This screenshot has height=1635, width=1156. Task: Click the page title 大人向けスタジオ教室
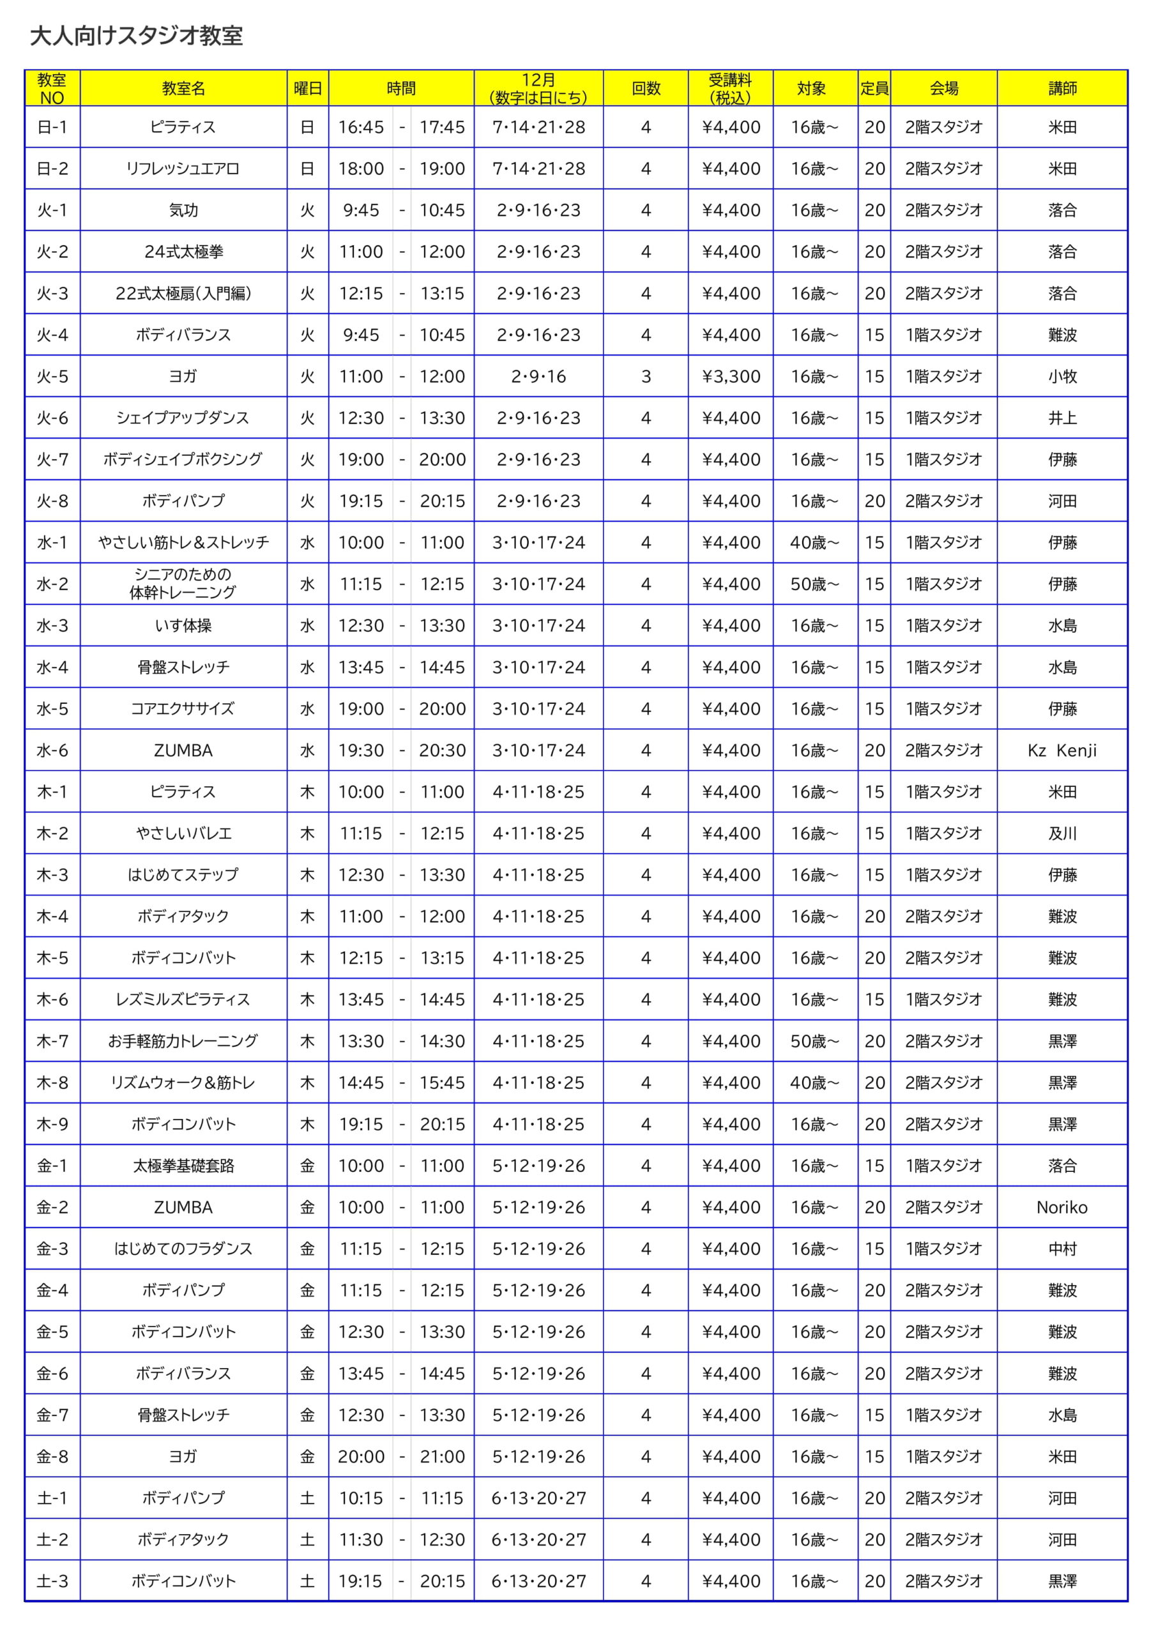pyautogui.click(x=136, y=36)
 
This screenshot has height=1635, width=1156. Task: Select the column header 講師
pyautogui.click(x=1061, y=88)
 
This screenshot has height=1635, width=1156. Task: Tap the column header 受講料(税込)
pyautogui.click(x=730, y=88)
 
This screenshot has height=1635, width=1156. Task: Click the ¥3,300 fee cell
pyautogui.click(x=731, y=376)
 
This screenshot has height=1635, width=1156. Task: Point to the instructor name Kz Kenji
pyautogui.click(x=1061, y=750)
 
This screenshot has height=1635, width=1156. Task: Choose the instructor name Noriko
pyautogui.click(x=1061, y=1207)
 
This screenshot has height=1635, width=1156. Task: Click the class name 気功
pyautogui.click(x=183, y=210)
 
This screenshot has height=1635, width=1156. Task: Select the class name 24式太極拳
pyautogui.click(x=183, y=252)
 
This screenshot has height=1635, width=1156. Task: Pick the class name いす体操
pyautogui.click(x=183, y=625)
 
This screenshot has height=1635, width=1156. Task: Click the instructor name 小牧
pyautogui.click(x=1061, y=376)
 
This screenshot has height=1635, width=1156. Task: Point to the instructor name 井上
pyautogui.click(x=1061, y=418)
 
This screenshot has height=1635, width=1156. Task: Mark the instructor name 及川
pyautogui.click(x=1061, y=833)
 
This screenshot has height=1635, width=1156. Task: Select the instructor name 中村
pyautogui.click(x=1061, y=1249)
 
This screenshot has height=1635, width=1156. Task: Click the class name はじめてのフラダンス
pyautogui.click(x=183, y=1249)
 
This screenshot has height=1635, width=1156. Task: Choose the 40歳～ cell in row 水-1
pyautogui.click(x=814, y=543)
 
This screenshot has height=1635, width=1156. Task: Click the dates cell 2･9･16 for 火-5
pyautogui.click(x=538, y=376)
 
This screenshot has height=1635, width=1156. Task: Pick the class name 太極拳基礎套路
pyautogui.click(x=183, y=1166)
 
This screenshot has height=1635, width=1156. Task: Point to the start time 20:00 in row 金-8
pyautogui.click(x=360, y=1456)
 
